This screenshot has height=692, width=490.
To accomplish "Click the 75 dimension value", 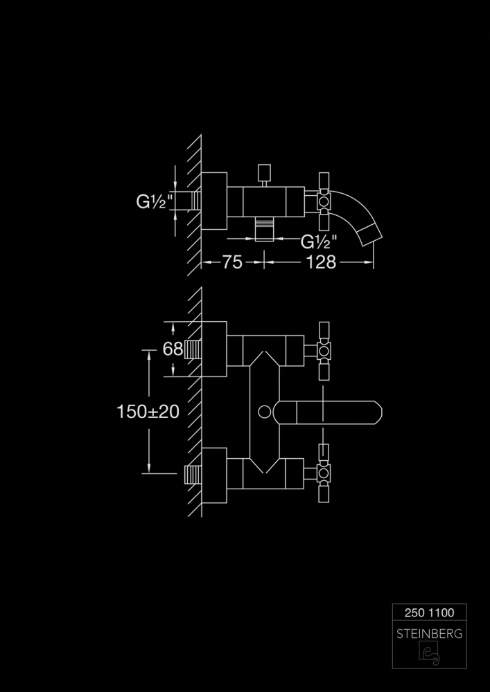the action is [x=232, y=262].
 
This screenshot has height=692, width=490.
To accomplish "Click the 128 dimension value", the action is [x=321, y=262].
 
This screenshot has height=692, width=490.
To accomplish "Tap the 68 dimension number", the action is [x=173, y=349].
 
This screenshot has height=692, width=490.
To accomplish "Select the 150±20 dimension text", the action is [x=148, y=412].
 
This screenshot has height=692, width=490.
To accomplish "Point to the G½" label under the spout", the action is [x=319, y=242].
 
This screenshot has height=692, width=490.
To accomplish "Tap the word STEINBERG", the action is [x=430, y=634].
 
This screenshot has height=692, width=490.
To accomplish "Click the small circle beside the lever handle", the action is [x=264, y=412].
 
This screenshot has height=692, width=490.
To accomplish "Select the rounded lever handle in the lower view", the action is [x=327, y=412].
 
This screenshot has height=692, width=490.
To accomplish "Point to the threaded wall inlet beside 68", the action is [x=193, y=349].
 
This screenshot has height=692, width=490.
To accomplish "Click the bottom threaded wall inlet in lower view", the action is [x=193, y=475].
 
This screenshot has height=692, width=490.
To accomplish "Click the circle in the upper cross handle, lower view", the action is [x=324, y=351].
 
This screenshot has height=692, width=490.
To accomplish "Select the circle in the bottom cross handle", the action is [x=324, y=473].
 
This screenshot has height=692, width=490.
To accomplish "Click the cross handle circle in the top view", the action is [x=324, y=201].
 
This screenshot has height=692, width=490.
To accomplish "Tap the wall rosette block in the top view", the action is [x=214, y=201].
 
